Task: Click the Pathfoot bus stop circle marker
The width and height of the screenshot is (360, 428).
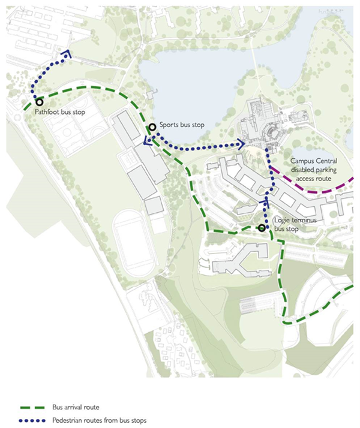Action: click(40, 103)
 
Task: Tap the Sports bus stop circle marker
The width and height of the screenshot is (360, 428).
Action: click(152, 126)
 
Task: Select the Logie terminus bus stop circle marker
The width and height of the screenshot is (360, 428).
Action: click(262, 228)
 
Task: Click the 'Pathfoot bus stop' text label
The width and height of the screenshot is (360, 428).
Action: click(59, 112)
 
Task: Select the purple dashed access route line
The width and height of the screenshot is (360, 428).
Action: click(312, 190)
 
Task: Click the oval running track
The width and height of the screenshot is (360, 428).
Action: click(136, 245)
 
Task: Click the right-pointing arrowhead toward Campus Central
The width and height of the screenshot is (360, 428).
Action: click(242, 143)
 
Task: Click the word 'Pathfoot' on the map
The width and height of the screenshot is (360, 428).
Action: click(47, 112)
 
